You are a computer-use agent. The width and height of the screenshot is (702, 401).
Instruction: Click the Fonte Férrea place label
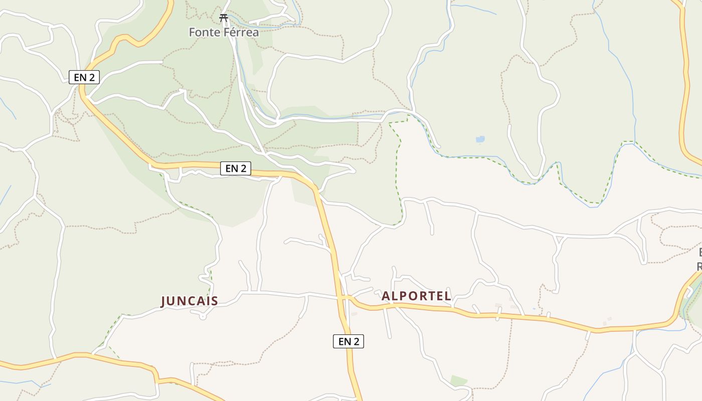tap(224, 33)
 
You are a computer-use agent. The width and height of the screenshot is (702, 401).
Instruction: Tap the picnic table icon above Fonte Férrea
tap(224, 18)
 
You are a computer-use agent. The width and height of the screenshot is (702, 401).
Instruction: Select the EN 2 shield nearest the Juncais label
tap(236, 168)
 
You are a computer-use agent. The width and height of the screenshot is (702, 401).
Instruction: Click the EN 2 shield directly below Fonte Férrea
tap(84, 77)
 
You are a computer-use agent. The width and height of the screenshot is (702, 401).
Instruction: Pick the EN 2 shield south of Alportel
tap(348, 341)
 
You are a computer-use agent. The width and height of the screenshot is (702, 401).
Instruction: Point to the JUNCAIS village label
tap(190, 301)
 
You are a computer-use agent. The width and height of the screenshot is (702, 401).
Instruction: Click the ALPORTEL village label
tap(416, 296)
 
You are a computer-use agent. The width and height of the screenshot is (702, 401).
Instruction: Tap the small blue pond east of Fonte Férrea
tap(480, 139)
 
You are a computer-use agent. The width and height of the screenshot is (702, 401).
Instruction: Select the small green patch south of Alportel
tap(458, 380)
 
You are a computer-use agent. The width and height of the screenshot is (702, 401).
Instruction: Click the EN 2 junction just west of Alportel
tap(344, 298)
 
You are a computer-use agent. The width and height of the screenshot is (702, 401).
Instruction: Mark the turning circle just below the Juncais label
tap(202, 316)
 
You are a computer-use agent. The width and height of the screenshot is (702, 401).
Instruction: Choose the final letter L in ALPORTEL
tap(448, 296)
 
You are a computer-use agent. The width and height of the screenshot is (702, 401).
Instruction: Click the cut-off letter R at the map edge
tap(699, 266)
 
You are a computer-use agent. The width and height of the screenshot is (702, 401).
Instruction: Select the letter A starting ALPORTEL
tap(386, 296)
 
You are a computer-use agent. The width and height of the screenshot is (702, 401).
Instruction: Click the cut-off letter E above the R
tap(700, 252)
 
